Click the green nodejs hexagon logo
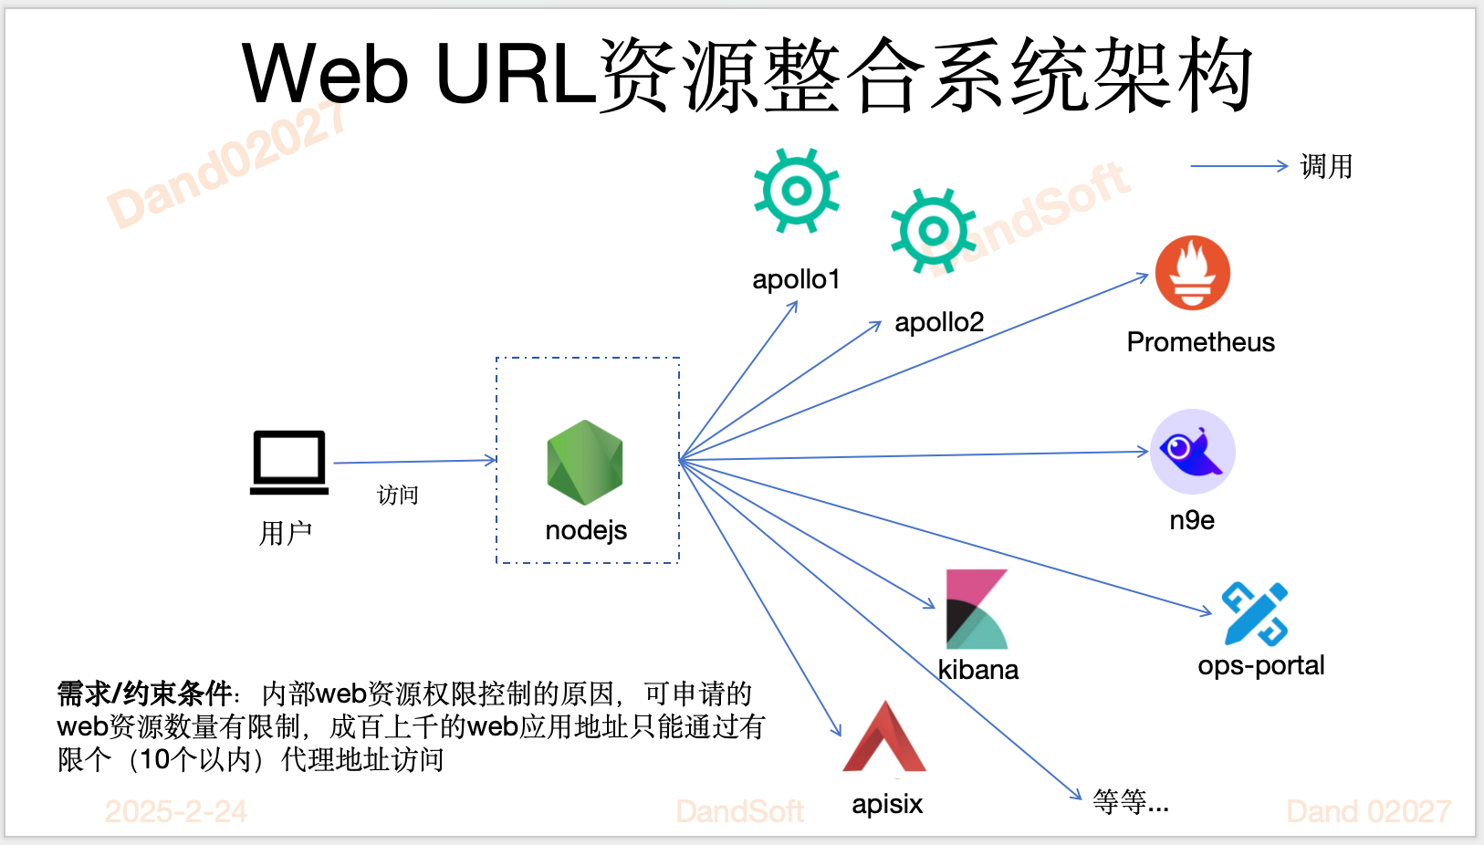pos(585,463)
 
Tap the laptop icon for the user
pos(289,463)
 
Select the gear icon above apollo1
pos(796,192)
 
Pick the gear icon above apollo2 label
pos(933,231)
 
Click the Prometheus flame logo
pos(1192,273)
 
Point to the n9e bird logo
pos(1192,451)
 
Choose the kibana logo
pos(977,610)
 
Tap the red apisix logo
pos(884,739)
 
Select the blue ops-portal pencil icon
pos(1255,614)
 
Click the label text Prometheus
pos(1200,342)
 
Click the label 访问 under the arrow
pos(398,496)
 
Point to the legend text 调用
pos(1326,167)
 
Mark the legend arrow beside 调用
pos(1238,166)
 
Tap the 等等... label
pos(1130,802)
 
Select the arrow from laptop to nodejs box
pos(415,462)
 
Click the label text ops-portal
pos(1260,666)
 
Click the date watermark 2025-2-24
pos(176,811)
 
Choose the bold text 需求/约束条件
pos(144,694)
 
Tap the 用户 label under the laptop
pos(286,533)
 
